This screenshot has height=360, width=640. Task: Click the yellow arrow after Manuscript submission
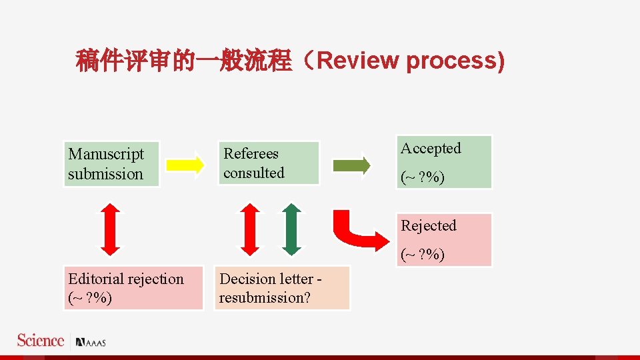tap(185, 164)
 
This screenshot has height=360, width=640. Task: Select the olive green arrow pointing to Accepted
tap(351, 164)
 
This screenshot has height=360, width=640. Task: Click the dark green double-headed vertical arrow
tap(291, 229)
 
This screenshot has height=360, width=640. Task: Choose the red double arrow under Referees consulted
tap(249, 229)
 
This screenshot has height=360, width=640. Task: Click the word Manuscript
tap(106, 155)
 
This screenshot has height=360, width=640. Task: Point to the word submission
tap(105, 174)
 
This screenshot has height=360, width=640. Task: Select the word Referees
tap(251, 154)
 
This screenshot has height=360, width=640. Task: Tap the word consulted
tap(253, 173)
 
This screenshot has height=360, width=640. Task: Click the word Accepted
tap(431, 149)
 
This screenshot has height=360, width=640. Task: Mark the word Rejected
tap(429, 226)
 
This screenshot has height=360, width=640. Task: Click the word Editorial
tap(97, 279)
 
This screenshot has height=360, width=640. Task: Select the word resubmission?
tap(265, 298)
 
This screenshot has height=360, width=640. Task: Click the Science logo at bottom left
tap(41, 341)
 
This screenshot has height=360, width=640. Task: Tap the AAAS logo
tap(91, 343)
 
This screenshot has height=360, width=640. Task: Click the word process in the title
tap(451, 61)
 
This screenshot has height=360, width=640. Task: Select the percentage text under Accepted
tap(423, 179)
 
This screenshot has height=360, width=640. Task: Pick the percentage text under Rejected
tap(423, 255)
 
